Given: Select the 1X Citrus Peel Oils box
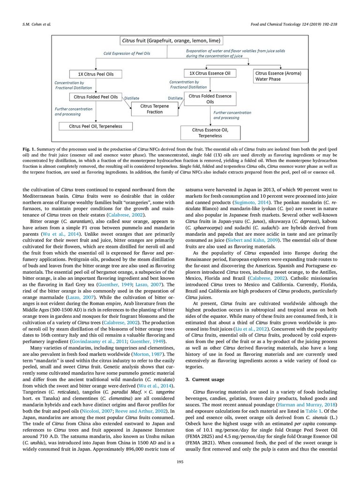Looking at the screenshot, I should click(x=95, y=74).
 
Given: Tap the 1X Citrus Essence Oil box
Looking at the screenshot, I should click(x=208, y=74).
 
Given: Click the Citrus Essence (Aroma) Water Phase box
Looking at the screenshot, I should click(x=278, y=76).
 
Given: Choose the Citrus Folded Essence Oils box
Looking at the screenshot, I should click(x=210, y=99).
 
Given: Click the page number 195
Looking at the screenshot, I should click(x=180, y=463).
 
